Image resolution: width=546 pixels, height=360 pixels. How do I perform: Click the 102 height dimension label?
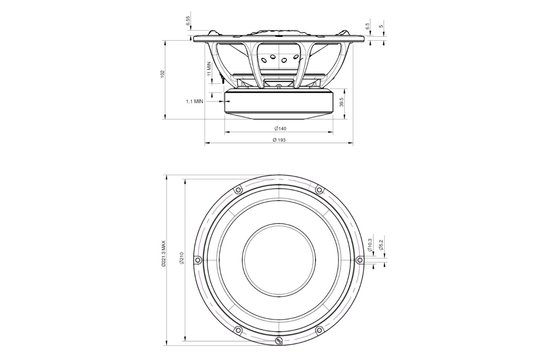tap(163, 76)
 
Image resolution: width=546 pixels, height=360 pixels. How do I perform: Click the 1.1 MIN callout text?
tap(196, 101)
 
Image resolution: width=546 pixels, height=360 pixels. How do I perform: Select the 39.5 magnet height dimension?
tap(343, 102)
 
